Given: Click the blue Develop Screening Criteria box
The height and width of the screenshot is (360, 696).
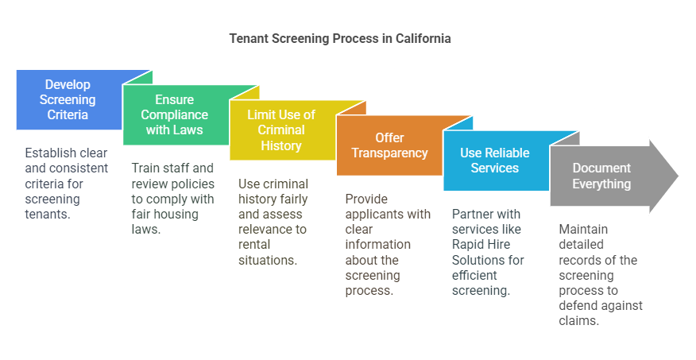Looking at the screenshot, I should point(67,99).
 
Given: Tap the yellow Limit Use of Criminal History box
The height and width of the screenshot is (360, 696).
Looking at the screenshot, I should point(280,130).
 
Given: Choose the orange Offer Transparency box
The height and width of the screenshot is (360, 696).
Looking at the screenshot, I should point(389,145).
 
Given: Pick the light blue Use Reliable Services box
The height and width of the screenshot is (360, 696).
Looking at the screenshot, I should point(494,161).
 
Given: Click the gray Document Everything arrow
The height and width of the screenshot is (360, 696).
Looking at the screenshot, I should point(601,176).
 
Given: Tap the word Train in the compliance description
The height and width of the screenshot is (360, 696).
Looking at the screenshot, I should point(148,168).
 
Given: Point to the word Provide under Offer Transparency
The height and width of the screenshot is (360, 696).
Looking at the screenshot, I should point(366,199).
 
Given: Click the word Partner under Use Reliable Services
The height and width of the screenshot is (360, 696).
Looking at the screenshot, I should point(474,214).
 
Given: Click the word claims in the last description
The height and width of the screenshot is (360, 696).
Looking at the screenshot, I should point(578,320).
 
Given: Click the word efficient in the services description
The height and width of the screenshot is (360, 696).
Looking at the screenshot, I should point(474,275).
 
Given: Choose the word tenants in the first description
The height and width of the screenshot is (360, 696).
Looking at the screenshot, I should point(48,213).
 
